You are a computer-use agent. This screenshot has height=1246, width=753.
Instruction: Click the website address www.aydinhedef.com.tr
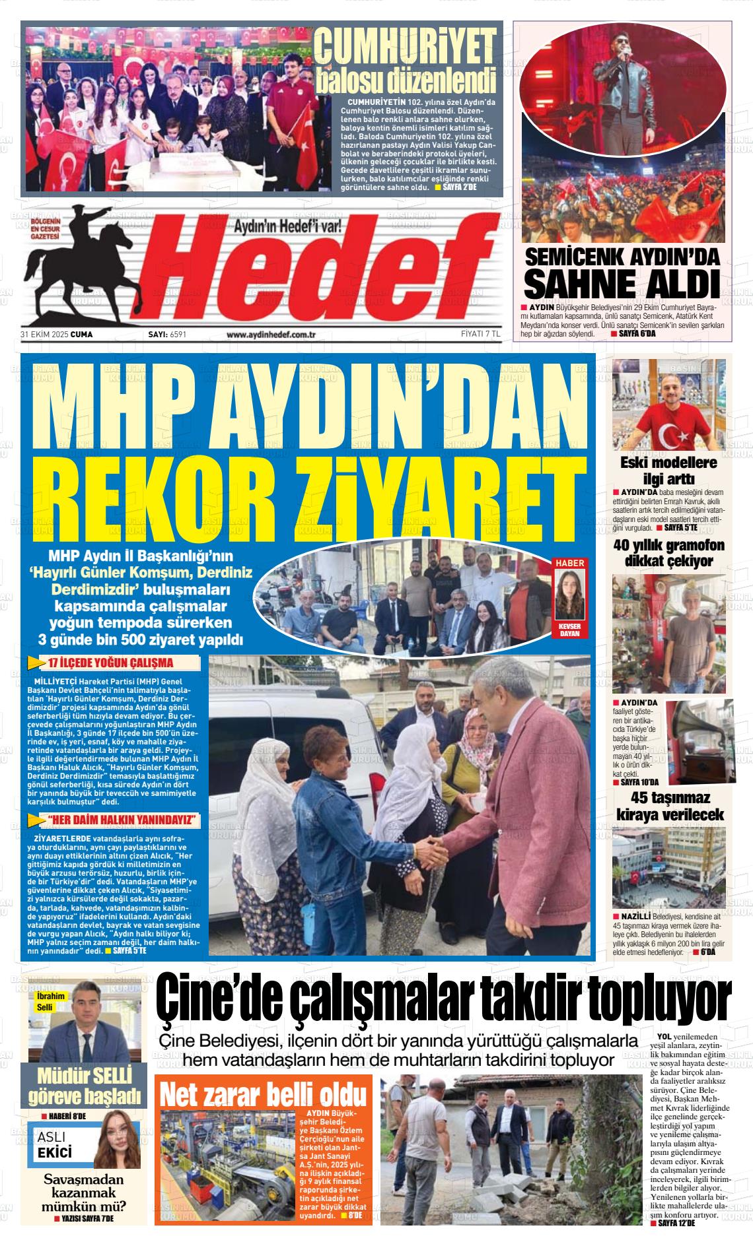pos(271,335)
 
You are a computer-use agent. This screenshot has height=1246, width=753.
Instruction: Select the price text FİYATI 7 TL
pos(480,335)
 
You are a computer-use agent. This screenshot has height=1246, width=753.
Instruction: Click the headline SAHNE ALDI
pos(621,284)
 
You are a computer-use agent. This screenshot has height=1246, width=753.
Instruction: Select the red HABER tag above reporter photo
pos(569,563)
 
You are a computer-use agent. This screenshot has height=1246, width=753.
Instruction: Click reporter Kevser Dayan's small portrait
pos(569,593)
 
